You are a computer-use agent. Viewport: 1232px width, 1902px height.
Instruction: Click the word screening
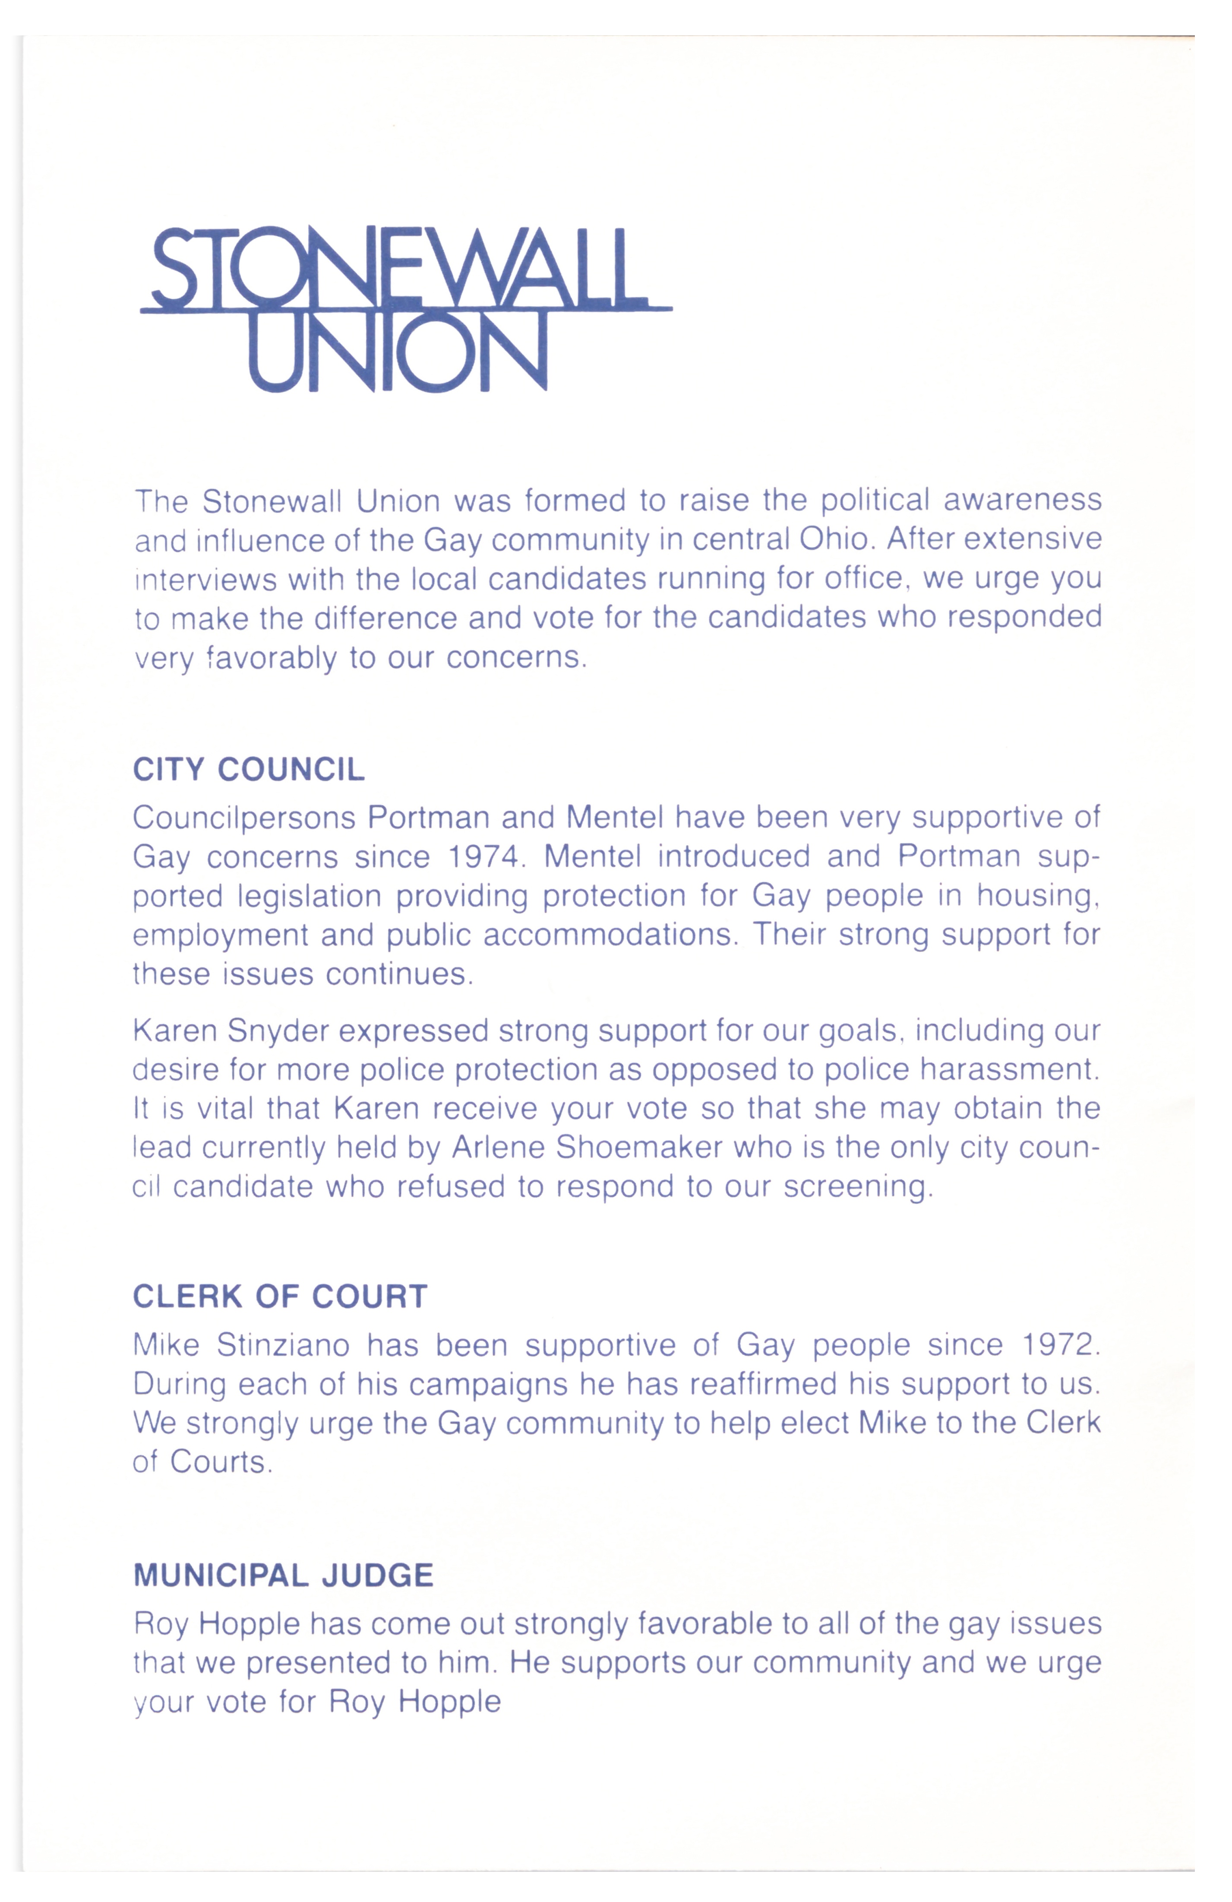(x=857, y=1187)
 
